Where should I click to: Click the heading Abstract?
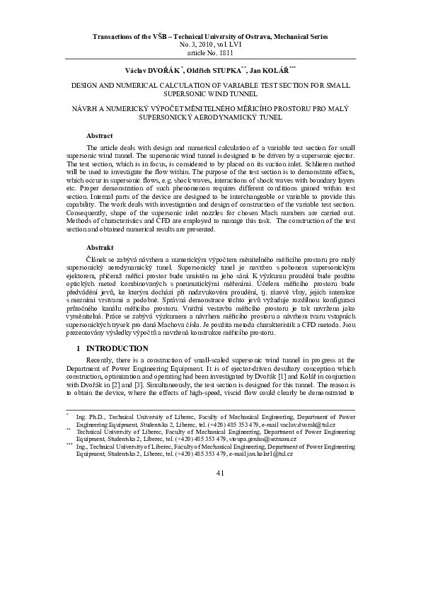(100, 134)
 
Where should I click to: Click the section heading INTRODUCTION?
(117, 348)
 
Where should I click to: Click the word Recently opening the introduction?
(100, 361)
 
